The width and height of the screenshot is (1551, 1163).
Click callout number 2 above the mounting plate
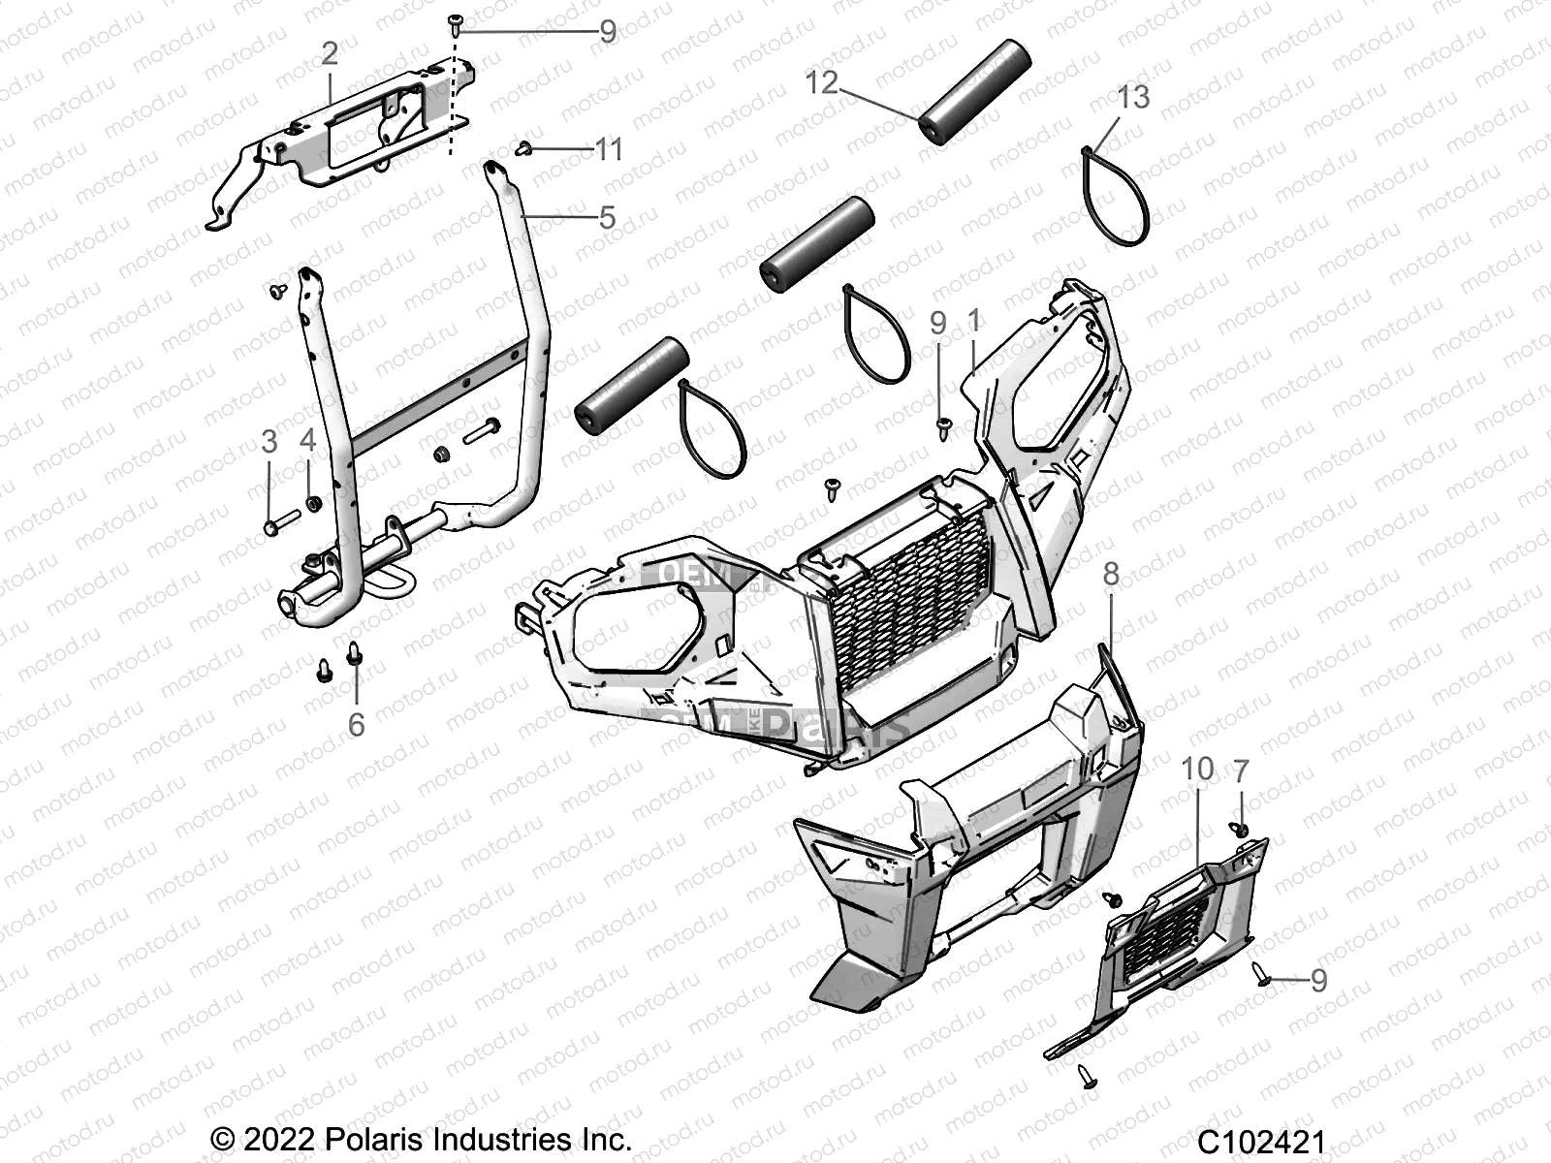pos(330,53)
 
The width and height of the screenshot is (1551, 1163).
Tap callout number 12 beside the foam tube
pos(821,82)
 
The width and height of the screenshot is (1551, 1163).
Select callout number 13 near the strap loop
pos(1132,97)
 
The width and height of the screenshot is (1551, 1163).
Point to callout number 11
pos(608,149)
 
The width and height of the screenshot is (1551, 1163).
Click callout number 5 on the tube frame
pos(607,217)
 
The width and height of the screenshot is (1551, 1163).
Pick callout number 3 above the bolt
pos(269,442)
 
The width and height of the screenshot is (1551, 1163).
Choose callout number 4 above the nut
pos(308,442)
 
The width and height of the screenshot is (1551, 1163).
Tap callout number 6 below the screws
pos(356,724)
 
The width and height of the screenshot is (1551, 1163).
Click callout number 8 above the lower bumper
pos(1111,574)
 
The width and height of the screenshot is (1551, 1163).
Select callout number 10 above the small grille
pos(1197,769)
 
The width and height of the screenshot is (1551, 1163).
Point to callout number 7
pos(1241,771)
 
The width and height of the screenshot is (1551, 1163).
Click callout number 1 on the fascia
pos(974,320)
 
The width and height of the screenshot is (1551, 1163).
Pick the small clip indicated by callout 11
pos(524,148)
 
